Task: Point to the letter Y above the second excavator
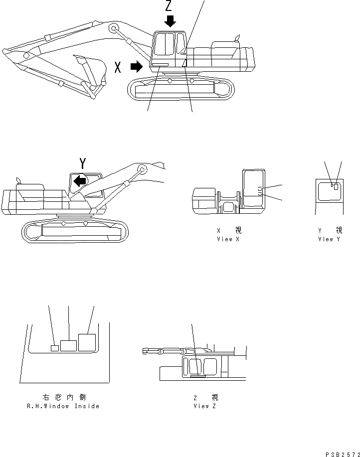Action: click(83, 163)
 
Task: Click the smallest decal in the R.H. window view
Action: click(55, 347)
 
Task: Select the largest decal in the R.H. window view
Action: click(87, 343)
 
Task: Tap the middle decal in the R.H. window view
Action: click(68, 345)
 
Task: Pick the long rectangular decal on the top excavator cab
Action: click(160, 65)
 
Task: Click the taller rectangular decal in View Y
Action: click(337, 187)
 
